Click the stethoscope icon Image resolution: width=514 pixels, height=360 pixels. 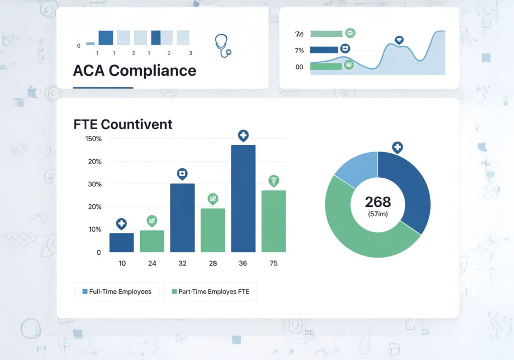(x=223, y=46)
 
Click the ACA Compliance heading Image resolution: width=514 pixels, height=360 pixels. (x=135, y=70)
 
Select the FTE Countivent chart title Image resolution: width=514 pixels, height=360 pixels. (x=123, y=124)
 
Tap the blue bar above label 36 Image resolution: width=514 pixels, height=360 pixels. (x=243, y=198)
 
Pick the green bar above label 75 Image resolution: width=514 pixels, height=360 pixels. (x=274, y=221)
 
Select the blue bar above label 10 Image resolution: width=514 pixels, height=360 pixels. (x=121, y=243)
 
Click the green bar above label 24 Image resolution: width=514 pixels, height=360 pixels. (x=152, y=241)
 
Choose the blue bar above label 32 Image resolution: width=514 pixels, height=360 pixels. (x=182, y=217)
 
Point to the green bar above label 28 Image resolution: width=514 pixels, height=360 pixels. (x=213, y=230)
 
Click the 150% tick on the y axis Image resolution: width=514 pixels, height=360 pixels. (x=93, y=139)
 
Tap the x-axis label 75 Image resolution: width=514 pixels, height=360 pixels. (x=274, y=264)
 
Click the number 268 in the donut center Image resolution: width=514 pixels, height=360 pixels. (x=377, y=202)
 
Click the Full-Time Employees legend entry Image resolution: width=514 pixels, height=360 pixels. (x=116, y=292)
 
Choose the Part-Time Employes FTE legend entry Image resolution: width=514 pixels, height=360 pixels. (x=210, y=292)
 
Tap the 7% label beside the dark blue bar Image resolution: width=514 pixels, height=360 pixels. (x=299, y=50)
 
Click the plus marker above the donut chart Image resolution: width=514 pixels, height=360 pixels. (x=397, y=147)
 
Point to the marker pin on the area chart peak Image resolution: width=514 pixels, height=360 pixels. (x=399, y=40)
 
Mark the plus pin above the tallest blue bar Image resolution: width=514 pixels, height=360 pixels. (x=243, y=135)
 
